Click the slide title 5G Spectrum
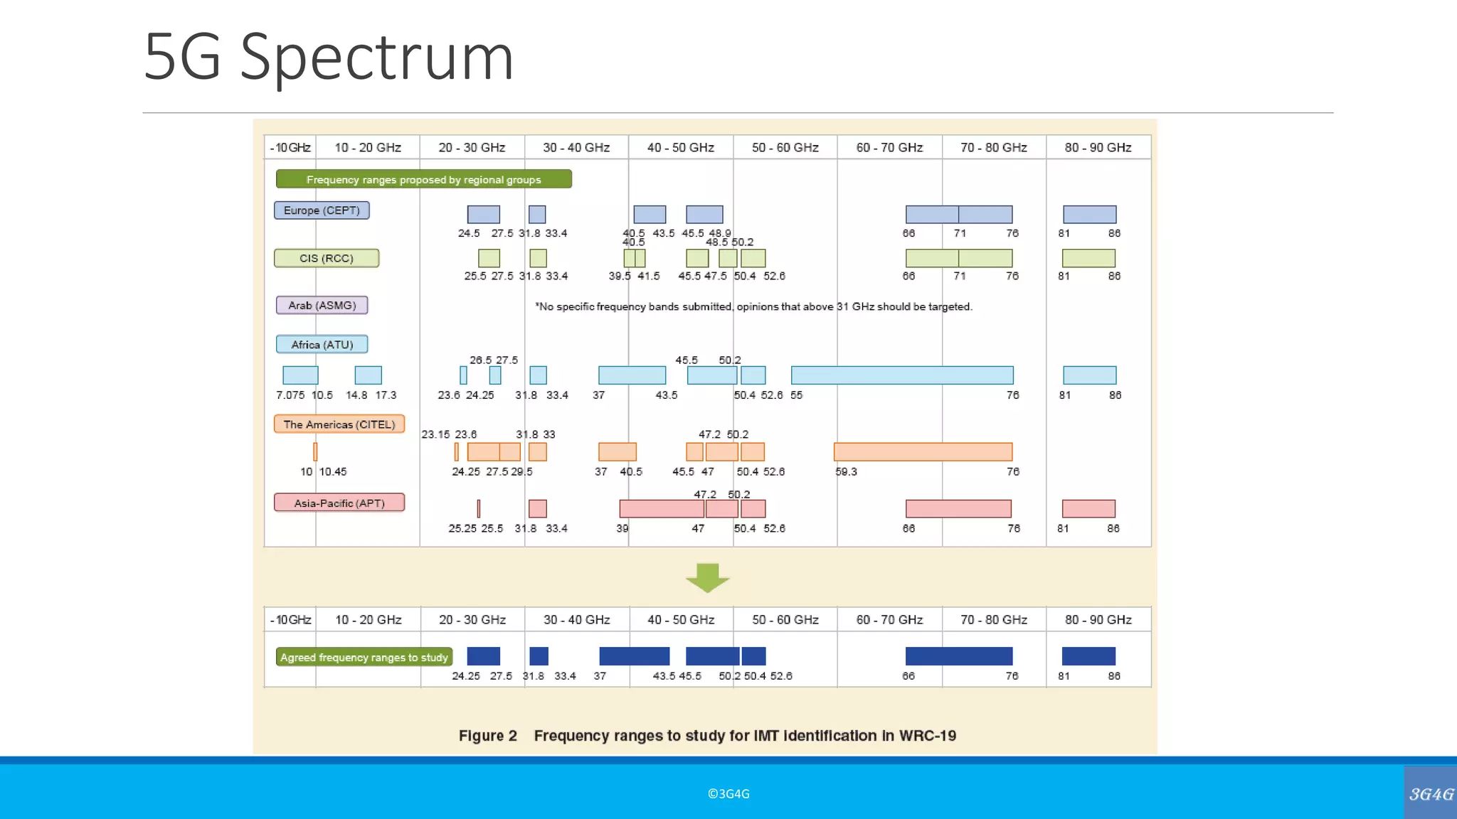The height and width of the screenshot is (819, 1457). tap(328, 57)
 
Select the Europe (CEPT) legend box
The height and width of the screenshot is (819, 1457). tap(322, 210)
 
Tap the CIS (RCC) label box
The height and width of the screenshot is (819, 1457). tap(327, 258)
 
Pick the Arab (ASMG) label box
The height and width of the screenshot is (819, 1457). tap(322, 305)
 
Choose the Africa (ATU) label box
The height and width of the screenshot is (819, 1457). tap(322, 344)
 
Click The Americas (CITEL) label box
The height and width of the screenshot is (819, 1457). tap(339, 424)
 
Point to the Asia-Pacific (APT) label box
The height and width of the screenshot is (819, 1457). tap(339, 503)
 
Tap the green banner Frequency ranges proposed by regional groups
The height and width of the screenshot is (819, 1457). tap(423, 179)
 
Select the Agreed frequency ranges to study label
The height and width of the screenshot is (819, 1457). tap(364, 657)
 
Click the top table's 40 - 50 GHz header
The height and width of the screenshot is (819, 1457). tap(680, 147)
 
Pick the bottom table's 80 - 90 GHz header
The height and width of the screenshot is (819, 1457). tap(1098, 619)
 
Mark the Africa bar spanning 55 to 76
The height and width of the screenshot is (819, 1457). tap(902, 375)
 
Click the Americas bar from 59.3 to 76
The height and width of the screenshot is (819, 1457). tap(923, 451)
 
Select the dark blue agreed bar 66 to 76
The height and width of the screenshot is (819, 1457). tap(958, 655)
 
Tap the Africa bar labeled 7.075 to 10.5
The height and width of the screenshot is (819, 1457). tap(300, 375)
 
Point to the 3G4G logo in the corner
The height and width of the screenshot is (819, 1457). tap(1431, 793)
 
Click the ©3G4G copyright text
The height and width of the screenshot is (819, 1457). tap(728, 793)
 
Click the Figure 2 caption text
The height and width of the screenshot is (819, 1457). tap(707, 736)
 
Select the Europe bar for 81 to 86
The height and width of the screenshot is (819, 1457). tap(1089, 214)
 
